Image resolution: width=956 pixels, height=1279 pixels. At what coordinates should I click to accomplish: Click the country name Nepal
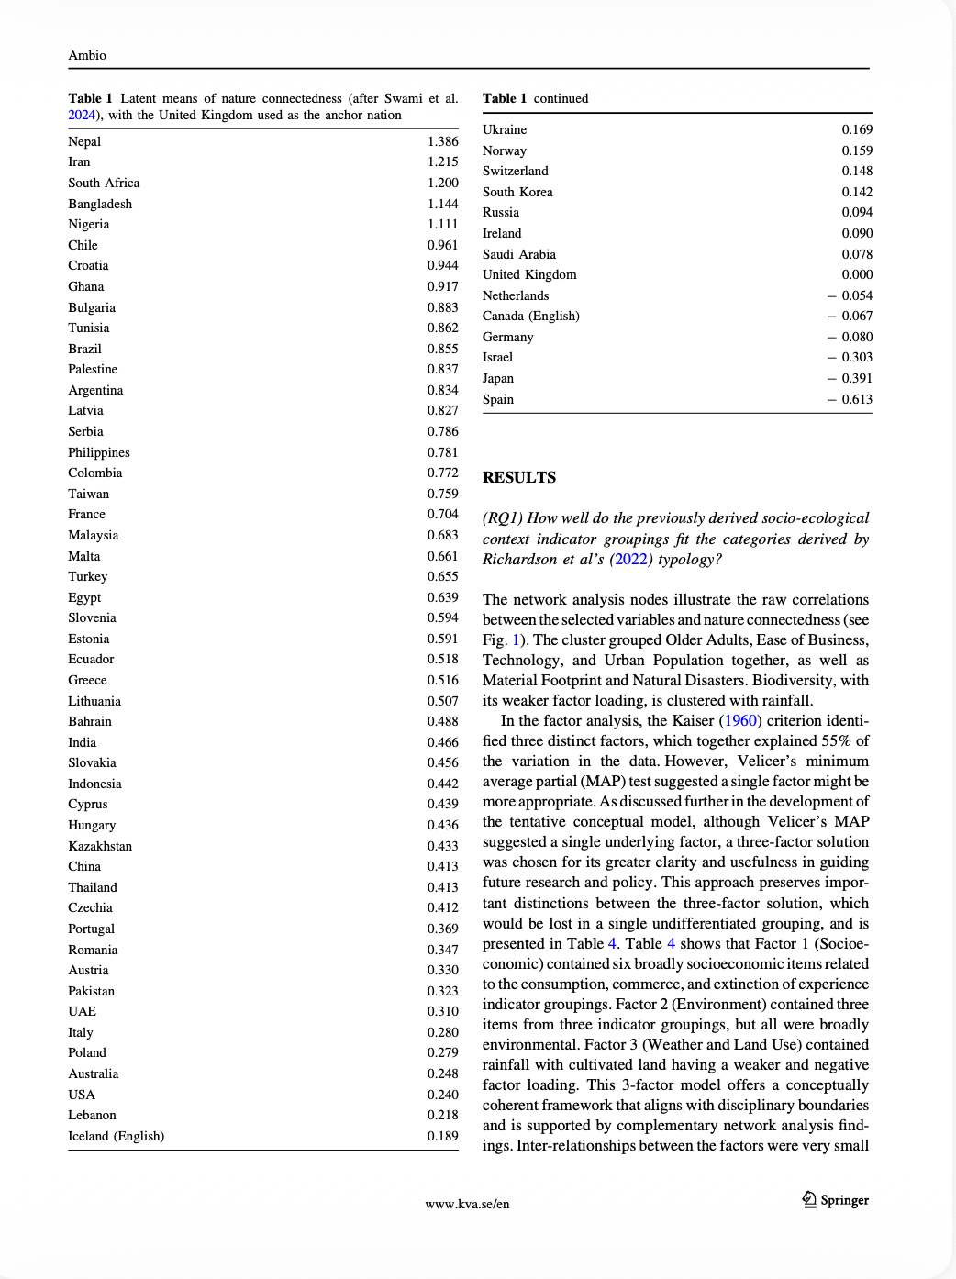pyautogui.click(x=84, y=141)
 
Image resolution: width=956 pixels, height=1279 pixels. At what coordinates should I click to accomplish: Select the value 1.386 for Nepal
pyautogui.click(x=442, y=141)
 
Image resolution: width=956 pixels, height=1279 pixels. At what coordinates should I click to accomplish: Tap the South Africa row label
pyautogui.click(x=104, y=183)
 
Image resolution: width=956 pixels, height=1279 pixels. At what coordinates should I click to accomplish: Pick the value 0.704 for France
pyautogui.click(x=442, y=514)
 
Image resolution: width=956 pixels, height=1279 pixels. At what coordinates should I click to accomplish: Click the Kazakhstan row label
pyautogui.click(x=100, y=846)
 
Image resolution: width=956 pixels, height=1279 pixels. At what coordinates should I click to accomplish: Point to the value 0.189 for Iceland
pyautogui.click(x=442, y=1136)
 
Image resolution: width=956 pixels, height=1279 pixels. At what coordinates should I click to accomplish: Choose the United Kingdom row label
pyautogui.click(x=529, y=274)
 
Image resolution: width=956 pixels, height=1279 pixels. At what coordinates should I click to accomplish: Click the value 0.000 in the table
pyautogui.click(x=857, y=274)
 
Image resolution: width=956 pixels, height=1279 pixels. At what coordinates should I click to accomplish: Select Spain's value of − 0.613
pyautogui.click(x=850, y=399)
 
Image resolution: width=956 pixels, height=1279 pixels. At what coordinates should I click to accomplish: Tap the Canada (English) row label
pyautogui.click(x=531, y=316)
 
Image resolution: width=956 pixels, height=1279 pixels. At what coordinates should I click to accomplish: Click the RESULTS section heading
pyautogui.click(x=519, y=477)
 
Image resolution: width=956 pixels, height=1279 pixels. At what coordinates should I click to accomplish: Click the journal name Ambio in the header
pyautogui.click(x=87, y=55)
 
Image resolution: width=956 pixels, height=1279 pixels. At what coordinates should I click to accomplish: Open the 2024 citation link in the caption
pyautogui.click(x=82, y=115)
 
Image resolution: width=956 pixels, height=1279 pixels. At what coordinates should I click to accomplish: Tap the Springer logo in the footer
pyautogui.click(x=835, y=1200)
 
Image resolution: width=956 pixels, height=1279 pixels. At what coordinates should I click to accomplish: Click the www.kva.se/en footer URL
pyautogui.click(x=467, y=1204)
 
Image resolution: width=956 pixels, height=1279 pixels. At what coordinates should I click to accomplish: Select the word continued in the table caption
pyautogui.click(x=561, y=98)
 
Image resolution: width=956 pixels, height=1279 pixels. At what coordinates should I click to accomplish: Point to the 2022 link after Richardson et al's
pyautogui.click(x=630, y=559)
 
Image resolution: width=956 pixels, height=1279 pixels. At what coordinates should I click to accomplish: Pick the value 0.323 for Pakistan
pyautogui.click(x=442, y=991)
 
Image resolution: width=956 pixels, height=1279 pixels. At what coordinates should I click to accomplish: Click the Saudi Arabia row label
pyautogui.click(x=519, y=254)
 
